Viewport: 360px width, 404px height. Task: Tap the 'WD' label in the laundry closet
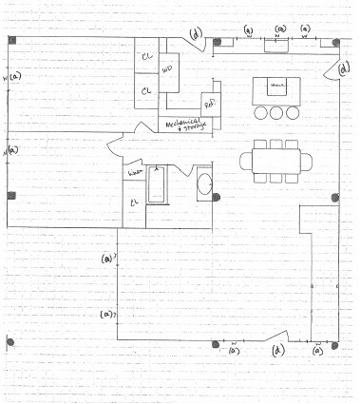pos(167,70)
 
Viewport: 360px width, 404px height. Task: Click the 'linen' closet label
pos(134,172)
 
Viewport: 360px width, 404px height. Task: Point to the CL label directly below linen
pos(134,202)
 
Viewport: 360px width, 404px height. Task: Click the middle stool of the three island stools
pos(277,112)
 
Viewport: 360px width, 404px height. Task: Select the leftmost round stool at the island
pos(261,112)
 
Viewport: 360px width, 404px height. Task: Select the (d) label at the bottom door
pos(278,351)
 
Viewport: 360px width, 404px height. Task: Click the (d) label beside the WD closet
pos(196,35)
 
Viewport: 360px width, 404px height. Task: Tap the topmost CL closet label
pos(146,56)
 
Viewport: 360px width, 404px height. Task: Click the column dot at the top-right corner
pos(335,44)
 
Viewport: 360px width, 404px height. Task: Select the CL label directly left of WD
pos(145,90)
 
